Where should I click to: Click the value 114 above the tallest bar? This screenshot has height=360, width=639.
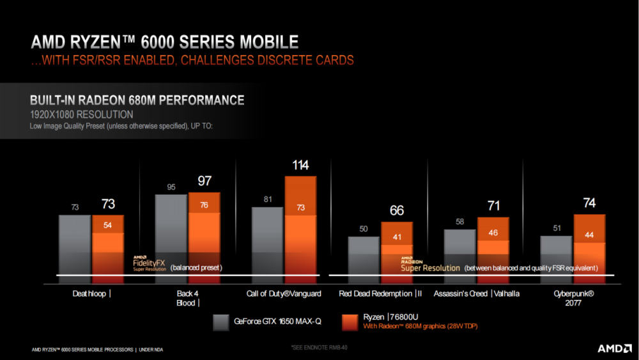click(x=300, y=166)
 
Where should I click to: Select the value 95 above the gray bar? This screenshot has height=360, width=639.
click(x=171, y=187)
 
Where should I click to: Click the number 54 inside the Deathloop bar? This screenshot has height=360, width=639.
click(x=108, y=225)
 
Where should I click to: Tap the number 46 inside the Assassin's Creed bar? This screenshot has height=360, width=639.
click(x=493, y=233)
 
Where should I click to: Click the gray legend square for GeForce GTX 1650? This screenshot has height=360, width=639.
click(x=222, y=322)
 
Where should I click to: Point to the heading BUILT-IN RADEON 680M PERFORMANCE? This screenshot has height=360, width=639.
click(x=137, y=100)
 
